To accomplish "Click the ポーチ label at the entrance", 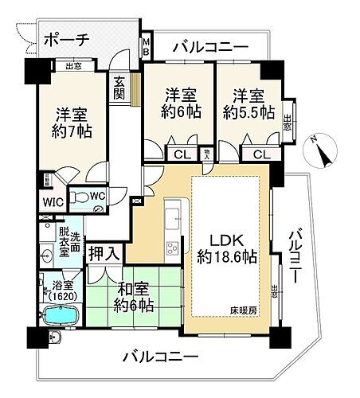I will point(67,39).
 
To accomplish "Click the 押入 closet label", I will point(104,255).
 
